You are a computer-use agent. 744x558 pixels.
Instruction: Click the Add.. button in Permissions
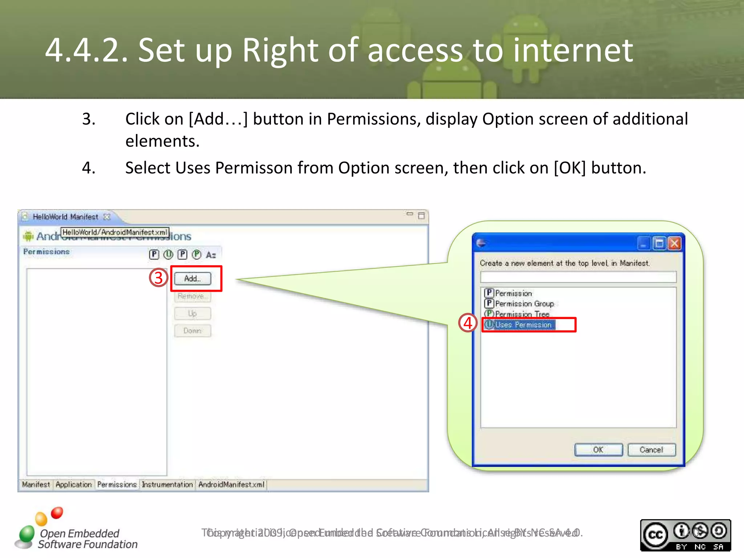(193, 279)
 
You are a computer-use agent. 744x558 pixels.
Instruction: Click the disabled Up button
(193, 314)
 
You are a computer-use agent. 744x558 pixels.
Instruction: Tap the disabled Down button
(193, 331)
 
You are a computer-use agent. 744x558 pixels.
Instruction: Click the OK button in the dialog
(598, 450)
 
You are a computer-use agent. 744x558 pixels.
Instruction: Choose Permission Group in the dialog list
(524, 304)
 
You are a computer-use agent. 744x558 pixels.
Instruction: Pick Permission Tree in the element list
(522, 314)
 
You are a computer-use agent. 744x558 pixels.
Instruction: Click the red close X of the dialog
(675, 243)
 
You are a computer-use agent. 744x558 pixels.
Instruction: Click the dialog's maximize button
(659, 243)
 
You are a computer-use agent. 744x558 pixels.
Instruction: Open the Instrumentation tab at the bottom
(167, 485)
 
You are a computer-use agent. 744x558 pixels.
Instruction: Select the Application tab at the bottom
(74, 485)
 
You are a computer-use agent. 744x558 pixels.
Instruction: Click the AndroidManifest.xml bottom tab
(231, 485)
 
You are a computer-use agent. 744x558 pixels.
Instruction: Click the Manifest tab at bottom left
(36, 485)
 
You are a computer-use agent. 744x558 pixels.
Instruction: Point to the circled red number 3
(158, 278)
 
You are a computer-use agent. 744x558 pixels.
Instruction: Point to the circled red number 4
(468, 323)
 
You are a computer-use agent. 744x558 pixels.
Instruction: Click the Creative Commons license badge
(685, 535)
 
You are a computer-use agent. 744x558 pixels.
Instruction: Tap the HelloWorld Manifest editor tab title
(65, 217)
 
